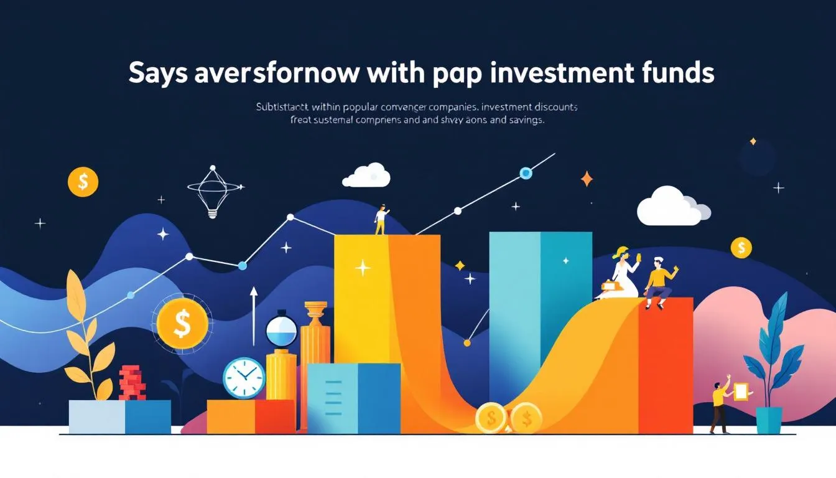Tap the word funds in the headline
coord(679,73)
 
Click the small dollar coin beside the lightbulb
coord(83,182)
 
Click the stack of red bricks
coord(132,382)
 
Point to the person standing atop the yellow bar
coord(380,220)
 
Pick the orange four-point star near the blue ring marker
coord(587,179)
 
